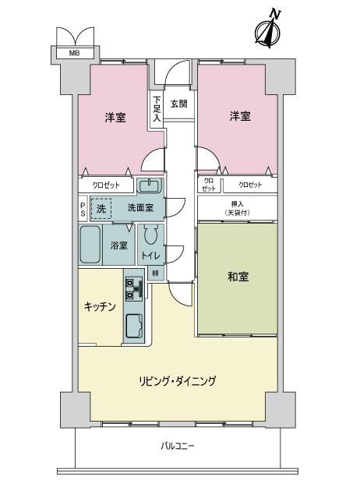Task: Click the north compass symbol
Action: pyautogui.click(x=268, y=29)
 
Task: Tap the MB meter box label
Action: pyautogui.click(x=74, y=53)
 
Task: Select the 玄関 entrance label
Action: pyautogui.click(x=178, y=104)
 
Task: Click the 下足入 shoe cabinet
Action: pyautogui.click(x=157, y=108)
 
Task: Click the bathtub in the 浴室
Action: pyautogui.click(x=90, y=245)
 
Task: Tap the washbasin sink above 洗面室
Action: pyautogui.click(x=149, y=185)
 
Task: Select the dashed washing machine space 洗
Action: pyautogui.click(x=101, y=209)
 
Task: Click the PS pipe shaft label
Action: pyautogui.click(x=83, y=209)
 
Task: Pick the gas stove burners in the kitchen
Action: pyautogui.click(x=134, y=288)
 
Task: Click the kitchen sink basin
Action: pyautogui.click(x=134, y=326)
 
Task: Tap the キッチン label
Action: pyautogui.click(x=100, y=306)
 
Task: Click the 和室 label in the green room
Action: pyautogui.click(x=238, y=277)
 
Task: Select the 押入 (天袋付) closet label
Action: pyautogui.click(x=237, y=209)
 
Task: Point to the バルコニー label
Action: pyautogui.click(x=178, y=446)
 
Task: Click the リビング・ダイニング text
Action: pyautogui.click(x=178, y=381)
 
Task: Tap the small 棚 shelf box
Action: pyautogui.click(x=156, y=273)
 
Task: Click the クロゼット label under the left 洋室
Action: pyautogui.click(x=106, y=185)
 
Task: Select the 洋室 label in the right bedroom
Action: pyautogui.click(x=240, y=116)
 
